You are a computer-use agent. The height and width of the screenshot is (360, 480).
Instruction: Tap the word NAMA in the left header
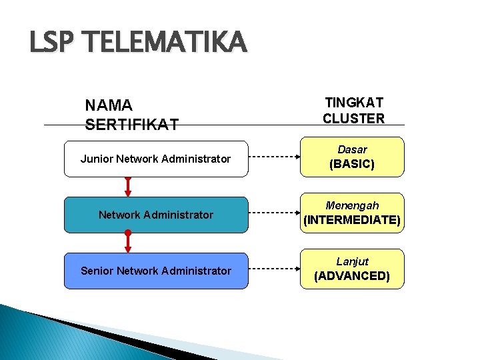click(109, 105)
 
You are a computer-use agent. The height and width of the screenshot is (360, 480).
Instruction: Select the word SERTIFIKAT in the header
click(132, 124)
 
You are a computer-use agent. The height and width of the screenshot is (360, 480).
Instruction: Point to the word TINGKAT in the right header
click(353, 103)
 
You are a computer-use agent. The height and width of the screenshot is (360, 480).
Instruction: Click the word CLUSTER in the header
click(353, 119)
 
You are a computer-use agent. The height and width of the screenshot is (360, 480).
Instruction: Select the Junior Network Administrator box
click(155, 159)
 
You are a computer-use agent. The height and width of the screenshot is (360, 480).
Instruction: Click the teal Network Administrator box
click(155, 215)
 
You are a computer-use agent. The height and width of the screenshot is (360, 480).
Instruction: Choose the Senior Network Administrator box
click(155, 271)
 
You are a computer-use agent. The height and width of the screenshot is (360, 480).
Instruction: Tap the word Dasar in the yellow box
click(352, 150)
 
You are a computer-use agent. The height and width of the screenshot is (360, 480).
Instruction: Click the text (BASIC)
click(352, 164)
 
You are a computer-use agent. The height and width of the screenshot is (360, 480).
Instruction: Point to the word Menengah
click(352, 206)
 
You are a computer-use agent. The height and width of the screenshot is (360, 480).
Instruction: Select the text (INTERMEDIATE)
click(352, 220)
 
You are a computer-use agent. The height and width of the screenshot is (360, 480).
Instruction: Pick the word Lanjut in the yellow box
click(352, 261)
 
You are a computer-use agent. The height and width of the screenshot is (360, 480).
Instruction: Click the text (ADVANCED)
click(352, 276)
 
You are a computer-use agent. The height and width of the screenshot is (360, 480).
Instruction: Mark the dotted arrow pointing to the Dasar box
click(274, 159)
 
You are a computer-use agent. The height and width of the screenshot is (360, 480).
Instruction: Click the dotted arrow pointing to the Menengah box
click(274, 215)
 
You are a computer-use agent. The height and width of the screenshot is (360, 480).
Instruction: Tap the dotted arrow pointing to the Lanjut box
click(274, 271)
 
